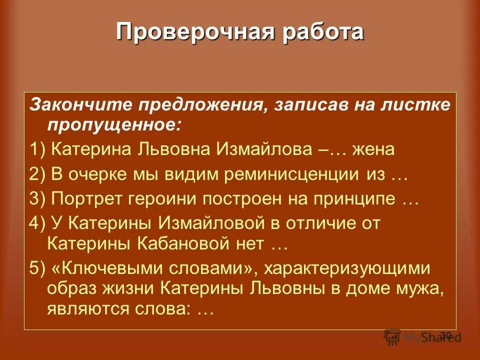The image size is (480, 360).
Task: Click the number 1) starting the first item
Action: pos(38,149)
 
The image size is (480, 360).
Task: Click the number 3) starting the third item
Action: pos(38,200)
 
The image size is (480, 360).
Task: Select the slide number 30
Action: pos(445,334)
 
